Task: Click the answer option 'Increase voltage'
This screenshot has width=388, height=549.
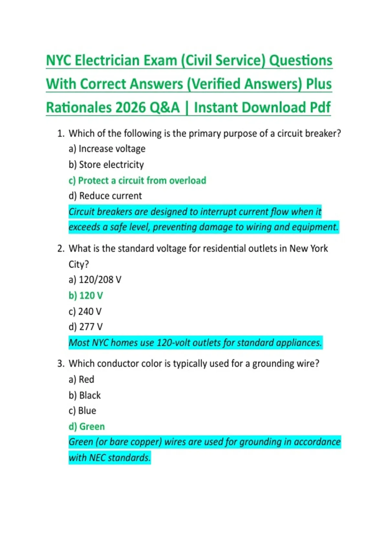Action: coord(107,149)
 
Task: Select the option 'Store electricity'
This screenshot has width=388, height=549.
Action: coord(106,165)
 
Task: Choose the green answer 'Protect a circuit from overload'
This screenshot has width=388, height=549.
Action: coord(137,181)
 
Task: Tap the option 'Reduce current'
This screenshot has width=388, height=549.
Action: coord(105,196)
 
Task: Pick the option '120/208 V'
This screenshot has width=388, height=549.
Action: coord(95,280)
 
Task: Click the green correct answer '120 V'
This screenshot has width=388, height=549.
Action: coord(86,295)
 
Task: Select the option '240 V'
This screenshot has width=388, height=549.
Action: coord(85,311)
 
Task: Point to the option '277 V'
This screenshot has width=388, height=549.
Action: coord(86,327)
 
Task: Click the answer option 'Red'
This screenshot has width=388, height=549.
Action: coord(81,379)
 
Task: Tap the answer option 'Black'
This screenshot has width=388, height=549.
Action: coord(85,395)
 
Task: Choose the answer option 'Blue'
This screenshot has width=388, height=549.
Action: coord(82,411)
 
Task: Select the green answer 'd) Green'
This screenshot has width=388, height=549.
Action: coord(87,427)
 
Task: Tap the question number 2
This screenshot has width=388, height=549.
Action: coord(61,249)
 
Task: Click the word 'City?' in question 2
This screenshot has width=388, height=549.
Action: coord(79,264)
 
